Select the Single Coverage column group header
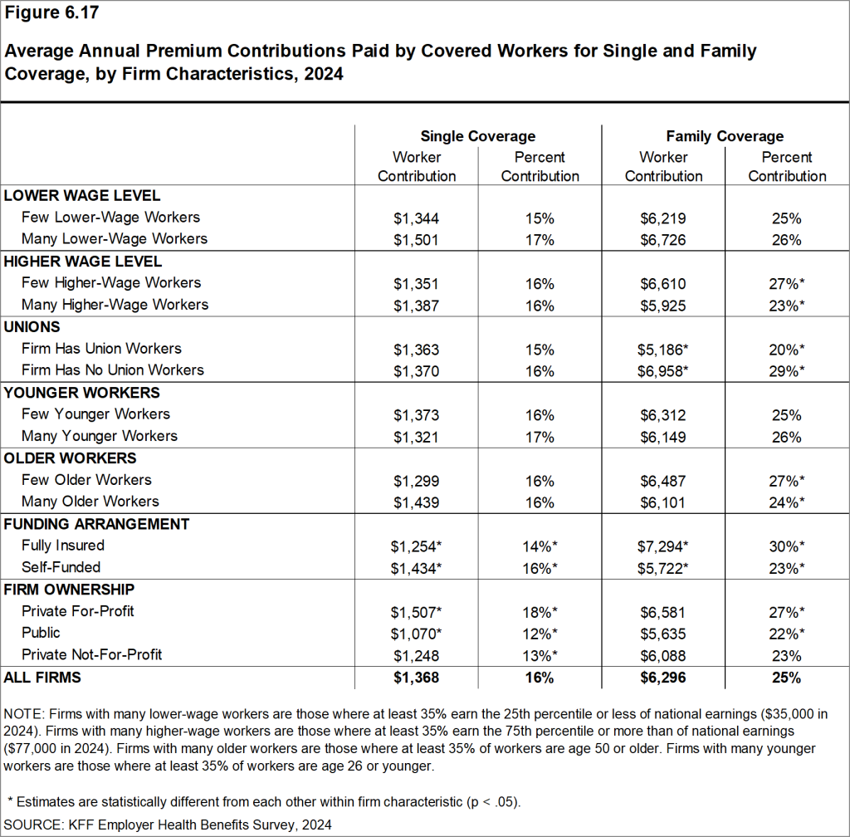pyautogui.click(x=477, y=136)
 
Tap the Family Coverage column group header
pyautogui.click(x=725, y=136)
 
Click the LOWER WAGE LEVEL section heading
pyautogui.click(x=82, y=196)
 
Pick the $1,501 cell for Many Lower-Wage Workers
pyautogui.click(x=416, y=239)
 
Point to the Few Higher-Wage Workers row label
pyautogui.click(x=111, y=283)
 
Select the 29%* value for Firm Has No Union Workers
pyautogui.click(x=787, y=370)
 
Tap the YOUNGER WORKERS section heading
pyautogui.click(x=82, y=393)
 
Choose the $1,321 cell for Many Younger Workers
pyautogui.click(x=416, y=436)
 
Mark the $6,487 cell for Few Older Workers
pyautogui.click(x=663, y=480)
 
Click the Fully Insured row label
pyautogui.click(x=63, y=546)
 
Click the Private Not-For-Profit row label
pyautogui.click(x=91, y=654)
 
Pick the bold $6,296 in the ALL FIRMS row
pyautogui.click(x=663, y=678)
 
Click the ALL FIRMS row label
pyautogui.click(x=42, y=678)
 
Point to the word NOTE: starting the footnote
pyautogui.click(x=25, y=714)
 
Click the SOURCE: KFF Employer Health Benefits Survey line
pyautogui.click(x=169, y=825)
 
